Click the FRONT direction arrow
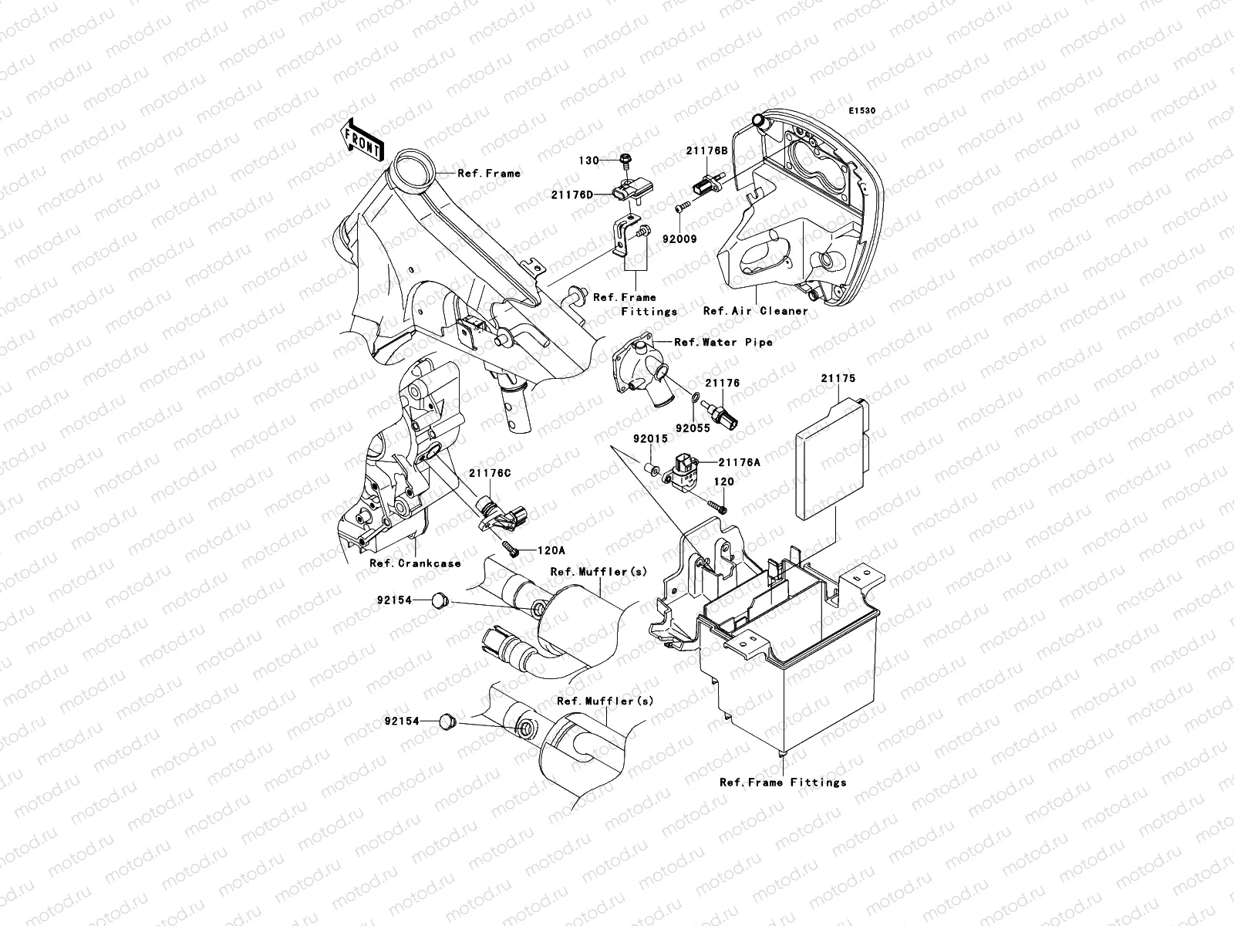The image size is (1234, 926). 363,140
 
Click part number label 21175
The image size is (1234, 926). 838,379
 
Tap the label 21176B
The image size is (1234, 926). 708,151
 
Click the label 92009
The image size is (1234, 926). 679,239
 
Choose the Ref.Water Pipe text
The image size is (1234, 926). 723,342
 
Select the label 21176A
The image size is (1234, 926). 739,462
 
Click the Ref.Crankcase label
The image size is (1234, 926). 414,563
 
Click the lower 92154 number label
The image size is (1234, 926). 402,721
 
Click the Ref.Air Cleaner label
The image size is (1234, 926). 755,311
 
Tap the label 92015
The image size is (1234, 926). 650,438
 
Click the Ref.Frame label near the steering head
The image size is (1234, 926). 489,173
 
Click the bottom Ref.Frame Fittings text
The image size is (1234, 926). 783,782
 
